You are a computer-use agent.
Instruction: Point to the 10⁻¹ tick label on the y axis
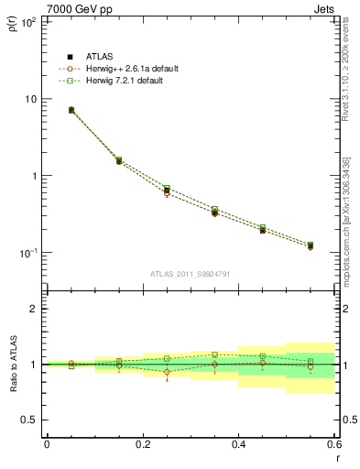click(27, 253)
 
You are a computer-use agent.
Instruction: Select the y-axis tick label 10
click(29, 99)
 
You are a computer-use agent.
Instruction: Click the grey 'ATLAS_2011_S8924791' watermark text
click(190, 274)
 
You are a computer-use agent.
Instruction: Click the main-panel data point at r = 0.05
click(71, 110)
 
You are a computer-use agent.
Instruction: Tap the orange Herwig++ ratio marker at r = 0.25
click(167, 372)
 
